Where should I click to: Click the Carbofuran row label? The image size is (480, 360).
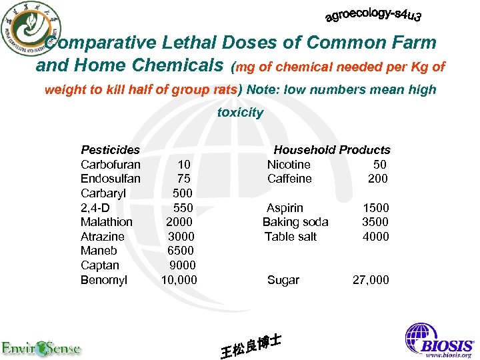tap(110, 164)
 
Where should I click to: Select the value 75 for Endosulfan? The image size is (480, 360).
tap(183, 179)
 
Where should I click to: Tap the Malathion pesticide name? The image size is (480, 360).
tap(106, 222)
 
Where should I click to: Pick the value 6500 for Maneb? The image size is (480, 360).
tap(181, 251)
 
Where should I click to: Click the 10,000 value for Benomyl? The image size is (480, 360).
tap(179, 280)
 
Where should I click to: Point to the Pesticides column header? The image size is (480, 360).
tap(110, 150)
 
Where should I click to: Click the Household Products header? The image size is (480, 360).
tap(331, 150)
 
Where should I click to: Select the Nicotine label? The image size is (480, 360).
tap(289, 164)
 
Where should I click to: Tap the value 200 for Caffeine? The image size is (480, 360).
tap(377, 179)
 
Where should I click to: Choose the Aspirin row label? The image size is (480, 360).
tap(285, 208)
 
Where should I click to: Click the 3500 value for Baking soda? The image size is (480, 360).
tap(375, 222)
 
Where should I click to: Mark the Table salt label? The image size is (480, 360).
tap(290, 237)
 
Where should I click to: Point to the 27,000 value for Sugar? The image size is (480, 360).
tap(370, 280)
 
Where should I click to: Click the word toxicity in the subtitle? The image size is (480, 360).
tap(240, 113)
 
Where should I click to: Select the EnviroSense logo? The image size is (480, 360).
tap(41, 347)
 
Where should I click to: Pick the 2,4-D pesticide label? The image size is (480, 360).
tap(94, 208)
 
